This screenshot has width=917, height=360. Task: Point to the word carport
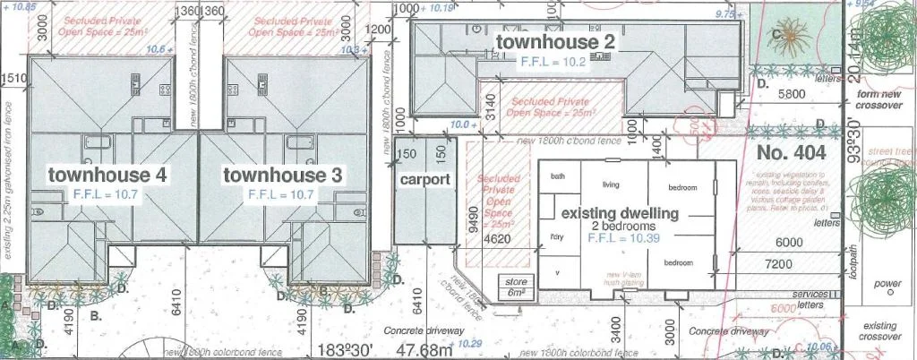(x=424, y=178)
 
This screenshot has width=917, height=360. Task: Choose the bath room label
(x=559, y=176)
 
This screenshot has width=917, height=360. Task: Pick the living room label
(x=611, y=184)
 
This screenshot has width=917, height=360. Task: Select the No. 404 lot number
(x=790, y=152)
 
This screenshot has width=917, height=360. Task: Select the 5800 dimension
(x=795, y=91)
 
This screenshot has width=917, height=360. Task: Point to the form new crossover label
(x=878, y=99)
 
